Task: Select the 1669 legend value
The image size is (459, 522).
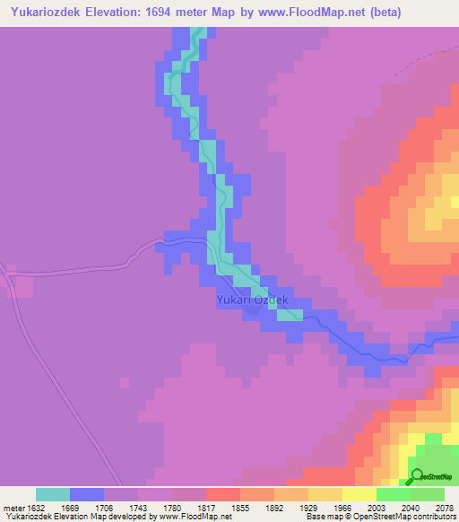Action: pos(70,506)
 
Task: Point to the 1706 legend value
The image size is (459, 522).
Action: pos(104,506)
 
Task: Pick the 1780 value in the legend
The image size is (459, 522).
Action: pos(172,506)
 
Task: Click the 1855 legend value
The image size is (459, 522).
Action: pos(240,506)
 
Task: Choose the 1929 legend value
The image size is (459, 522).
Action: pos(308,506)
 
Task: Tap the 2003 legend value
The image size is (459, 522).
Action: pos(377,506)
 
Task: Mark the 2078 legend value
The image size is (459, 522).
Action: pos(444,506)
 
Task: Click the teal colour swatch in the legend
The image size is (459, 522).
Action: pos(53,494)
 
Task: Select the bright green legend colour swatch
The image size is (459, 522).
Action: pos(393,494)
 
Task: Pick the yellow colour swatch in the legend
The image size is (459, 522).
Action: pos(359,494)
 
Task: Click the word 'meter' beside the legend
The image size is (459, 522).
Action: pos(13,506)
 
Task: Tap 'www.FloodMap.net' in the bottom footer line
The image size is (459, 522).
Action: pos(190,517)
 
